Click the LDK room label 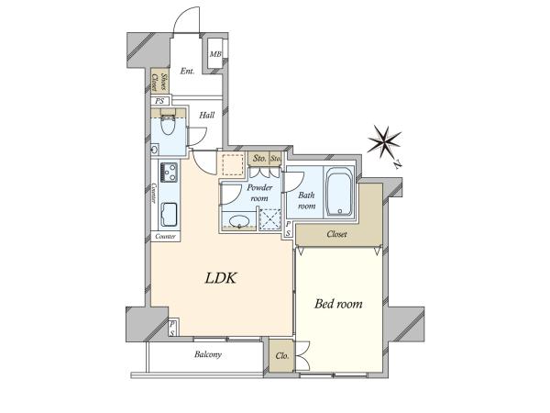pos(221,278)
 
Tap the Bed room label pos(338,304)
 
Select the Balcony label pos(208,354)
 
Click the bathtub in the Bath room pos(339,192)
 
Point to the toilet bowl pos(168,125)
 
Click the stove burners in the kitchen pos(169,173)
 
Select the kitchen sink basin pos(169,215)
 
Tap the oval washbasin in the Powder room pos(239,221)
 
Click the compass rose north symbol pos(384,141)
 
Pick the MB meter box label pos(215,54)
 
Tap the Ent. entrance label pos(187,71)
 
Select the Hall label pos(206,115)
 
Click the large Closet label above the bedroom pos(336,234)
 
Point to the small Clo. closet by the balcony pos(282,356)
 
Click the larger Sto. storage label pos(259,159)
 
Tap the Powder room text pos(259,193)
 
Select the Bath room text pos(306,200)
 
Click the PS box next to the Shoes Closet pos(159,101)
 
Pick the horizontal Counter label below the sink pos(165,237)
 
